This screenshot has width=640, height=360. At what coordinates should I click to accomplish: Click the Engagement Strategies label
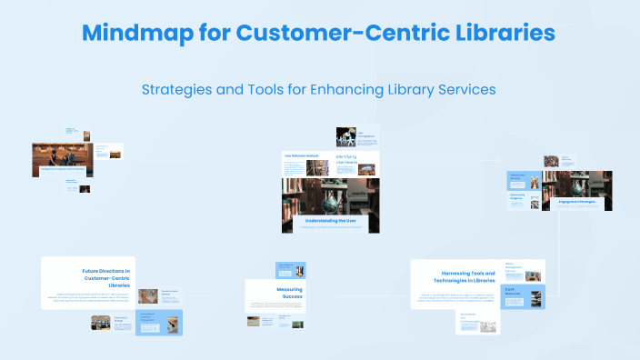click(x=577, y=201)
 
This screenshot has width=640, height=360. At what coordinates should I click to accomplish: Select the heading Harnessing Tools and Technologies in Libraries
click(x=468, y=275)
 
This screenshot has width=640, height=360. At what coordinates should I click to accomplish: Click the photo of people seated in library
click(x=61, y=155)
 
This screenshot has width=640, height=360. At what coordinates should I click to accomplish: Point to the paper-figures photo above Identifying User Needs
click(x=345, y=136)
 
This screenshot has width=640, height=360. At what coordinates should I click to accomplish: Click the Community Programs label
click(x=517, y=195)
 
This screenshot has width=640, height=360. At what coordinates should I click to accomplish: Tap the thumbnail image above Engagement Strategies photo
click(x=552, y=161)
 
